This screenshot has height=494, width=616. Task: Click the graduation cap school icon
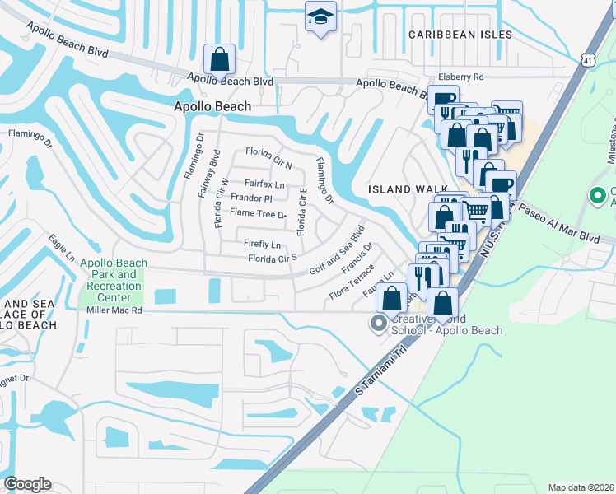(x=320, y=17)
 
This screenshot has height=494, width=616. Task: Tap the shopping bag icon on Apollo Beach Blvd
(x=219, y=59)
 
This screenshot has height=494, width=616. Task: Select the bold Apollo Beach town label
(x=212, y=106)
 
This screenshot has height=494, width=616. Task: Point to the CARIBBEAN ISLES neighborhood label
(x=461, y=35)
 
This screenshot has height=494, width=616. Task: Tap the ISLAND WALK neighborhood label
(x=402, y=189)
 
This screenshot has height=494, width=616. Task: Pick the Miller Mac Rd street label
(x=114, y=311)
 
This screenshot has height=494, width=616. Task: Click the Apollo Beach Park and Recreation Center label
(x=114, y=280)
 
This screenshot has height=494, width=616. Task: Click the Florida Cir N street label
(x=269, y=153)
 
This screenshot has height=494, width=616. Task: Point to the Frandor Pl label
(x=251, y=198)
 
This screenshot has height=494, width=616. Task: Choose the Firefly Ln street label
(x=262, y=245)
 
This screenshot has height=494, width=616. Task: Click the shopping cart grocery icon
(x=476, y=212)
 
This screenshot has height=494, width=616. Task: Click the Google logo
(x=27, y=484)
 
